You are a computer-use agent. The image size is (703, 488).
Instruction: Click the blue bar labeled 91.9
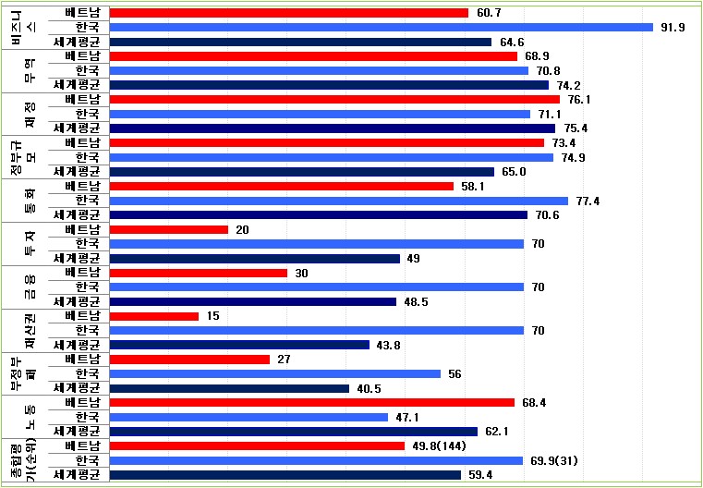[382, 27]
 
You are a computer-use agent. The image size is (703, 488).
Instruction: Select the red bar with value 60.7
[289, 13]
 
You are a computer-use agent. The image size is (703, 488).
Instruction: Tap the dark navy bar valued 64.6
[300, 42]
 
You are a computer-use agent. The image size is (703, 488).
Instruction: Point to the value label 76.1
[579, 100]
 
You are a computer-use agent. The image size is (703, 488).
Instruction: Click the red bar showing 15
[154, 316]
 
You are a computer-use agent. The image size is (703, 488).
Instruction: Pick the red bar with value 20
[169, 229]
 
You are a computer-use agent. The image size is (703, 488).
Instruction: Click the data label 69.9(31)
[556, 460]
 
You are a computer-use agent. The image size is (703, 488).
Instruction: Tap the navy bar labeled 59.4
[285, 475]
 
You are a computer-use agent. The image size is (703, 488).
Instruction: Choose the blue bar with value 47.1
[248, 417]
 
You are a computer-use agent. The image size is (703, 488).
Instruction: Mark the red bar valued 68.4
[312, 402]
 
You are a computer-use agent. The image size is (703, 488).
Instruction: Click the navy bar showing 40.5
[229, 388]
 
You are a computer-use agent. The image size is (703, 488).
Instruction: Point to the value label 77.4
[588, 201]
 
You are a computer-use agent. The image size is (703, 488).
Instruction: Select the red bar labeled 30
[199, 273]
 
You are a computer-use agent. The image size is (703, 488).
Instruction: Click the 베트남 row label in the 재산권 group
[83, 316]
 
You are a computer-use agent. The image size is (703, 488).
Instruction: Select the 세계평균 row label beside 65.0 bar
[82, 172]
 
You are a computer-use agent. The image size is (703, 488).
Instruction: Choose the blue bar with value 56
[275, 373]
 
